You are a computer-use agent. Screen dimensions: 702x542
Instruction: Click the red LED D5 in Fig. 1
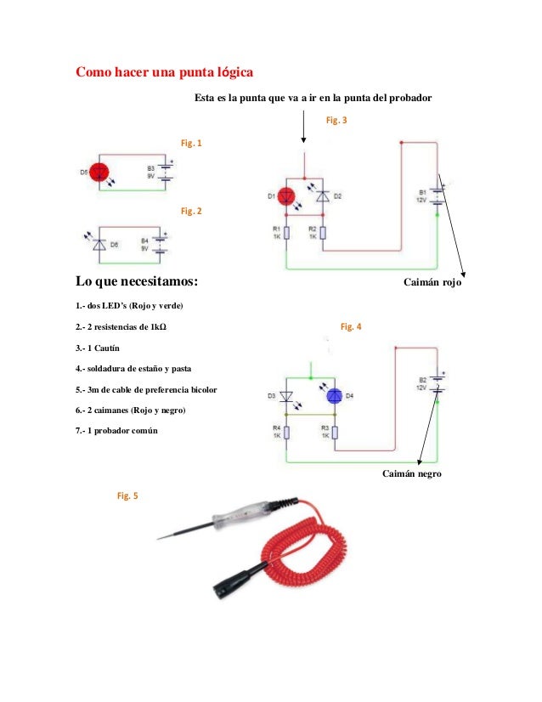pyautogui.click(x=99, y=172)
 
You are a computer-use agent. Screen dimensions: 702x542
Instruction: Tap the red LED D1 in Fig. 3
pyautogui.click(x=288, y=195)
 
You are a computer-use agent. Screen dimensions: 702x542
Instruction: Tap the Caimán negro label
pyautogui.click(x=412, y=473)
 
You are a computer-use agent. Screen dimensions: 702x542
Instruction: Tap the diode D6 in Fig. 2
pyautogui.click(x=99, y=244)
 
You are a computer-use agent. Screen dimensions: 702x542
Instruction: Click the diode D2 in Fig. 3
pyautogui.click(x=322, y=195)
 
